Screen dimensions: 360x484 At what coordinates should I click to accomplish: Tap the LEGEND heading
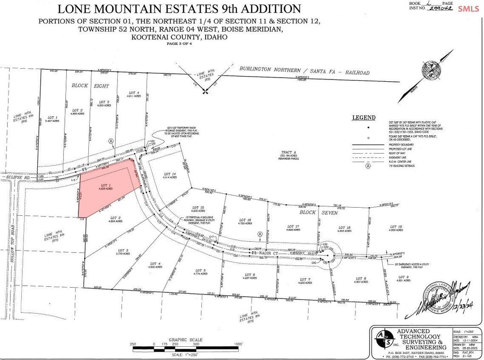point(363,117)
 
